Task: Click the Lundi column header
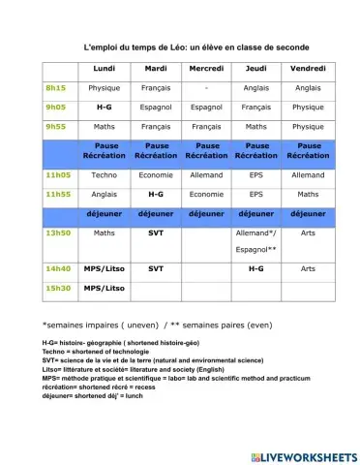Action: coord(105,69)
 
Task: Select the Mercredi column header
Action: coord(206,69)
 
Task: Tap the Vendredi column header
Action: coord(308,69)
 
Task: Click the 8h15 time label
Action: coord(55,87)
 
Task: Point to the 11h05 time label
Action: coord(59,175)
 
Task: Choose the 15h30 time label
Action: coord(58,288)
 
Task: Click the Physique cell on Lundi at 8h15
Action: coord(105,87)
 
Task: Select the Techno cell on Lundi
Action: coord(105,175)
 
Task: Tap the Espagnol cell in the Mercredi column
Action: coord(206,107)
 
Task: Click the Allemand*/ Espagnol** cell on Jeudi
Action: coord(256,240)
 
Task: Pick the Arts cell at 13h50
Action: coord(308,233)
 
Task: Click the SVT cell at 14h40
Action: coord(156,268)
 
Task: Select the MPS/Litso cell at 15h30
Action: coord(105,288)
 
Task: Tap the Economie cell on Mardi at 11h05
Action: coord(156,175)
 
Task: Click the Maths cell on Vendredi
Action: coord(308,194)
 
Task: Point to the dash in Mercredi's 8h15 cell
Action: coord(206,87)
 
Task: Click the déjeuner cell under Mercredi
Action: coord(206,213)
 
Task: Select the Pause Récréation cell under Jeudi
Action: coord(256,150)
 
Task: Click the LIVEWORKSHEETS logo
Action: coord(303,455)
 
